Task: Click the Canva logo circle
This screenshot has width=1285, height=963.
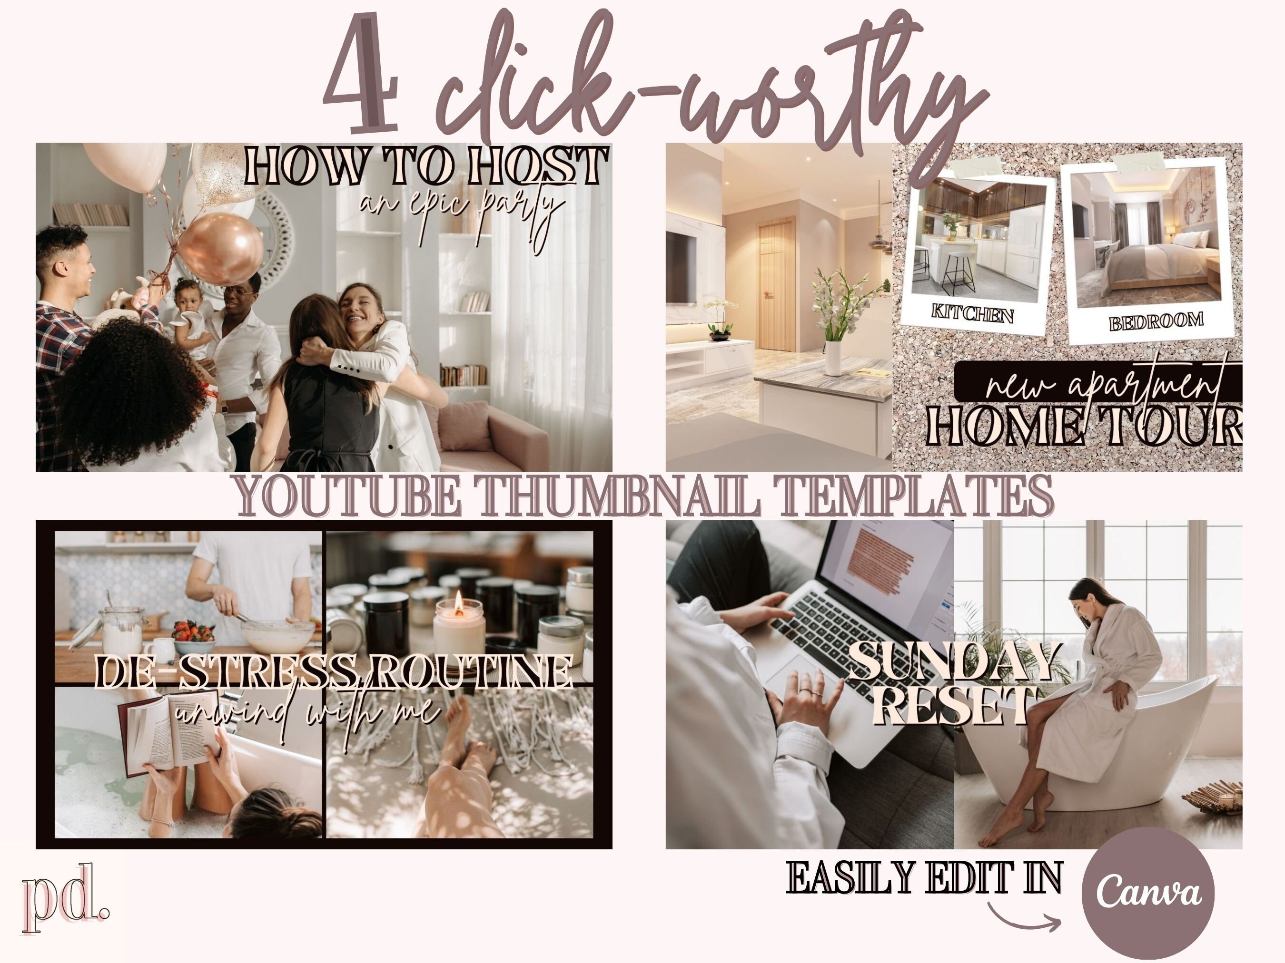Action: tap(1148, 892)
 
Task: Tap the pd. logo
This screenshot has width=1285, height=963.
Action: tap(64, 897)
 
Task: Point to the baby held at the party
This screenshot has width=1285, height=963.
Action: tap(192, 313)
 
